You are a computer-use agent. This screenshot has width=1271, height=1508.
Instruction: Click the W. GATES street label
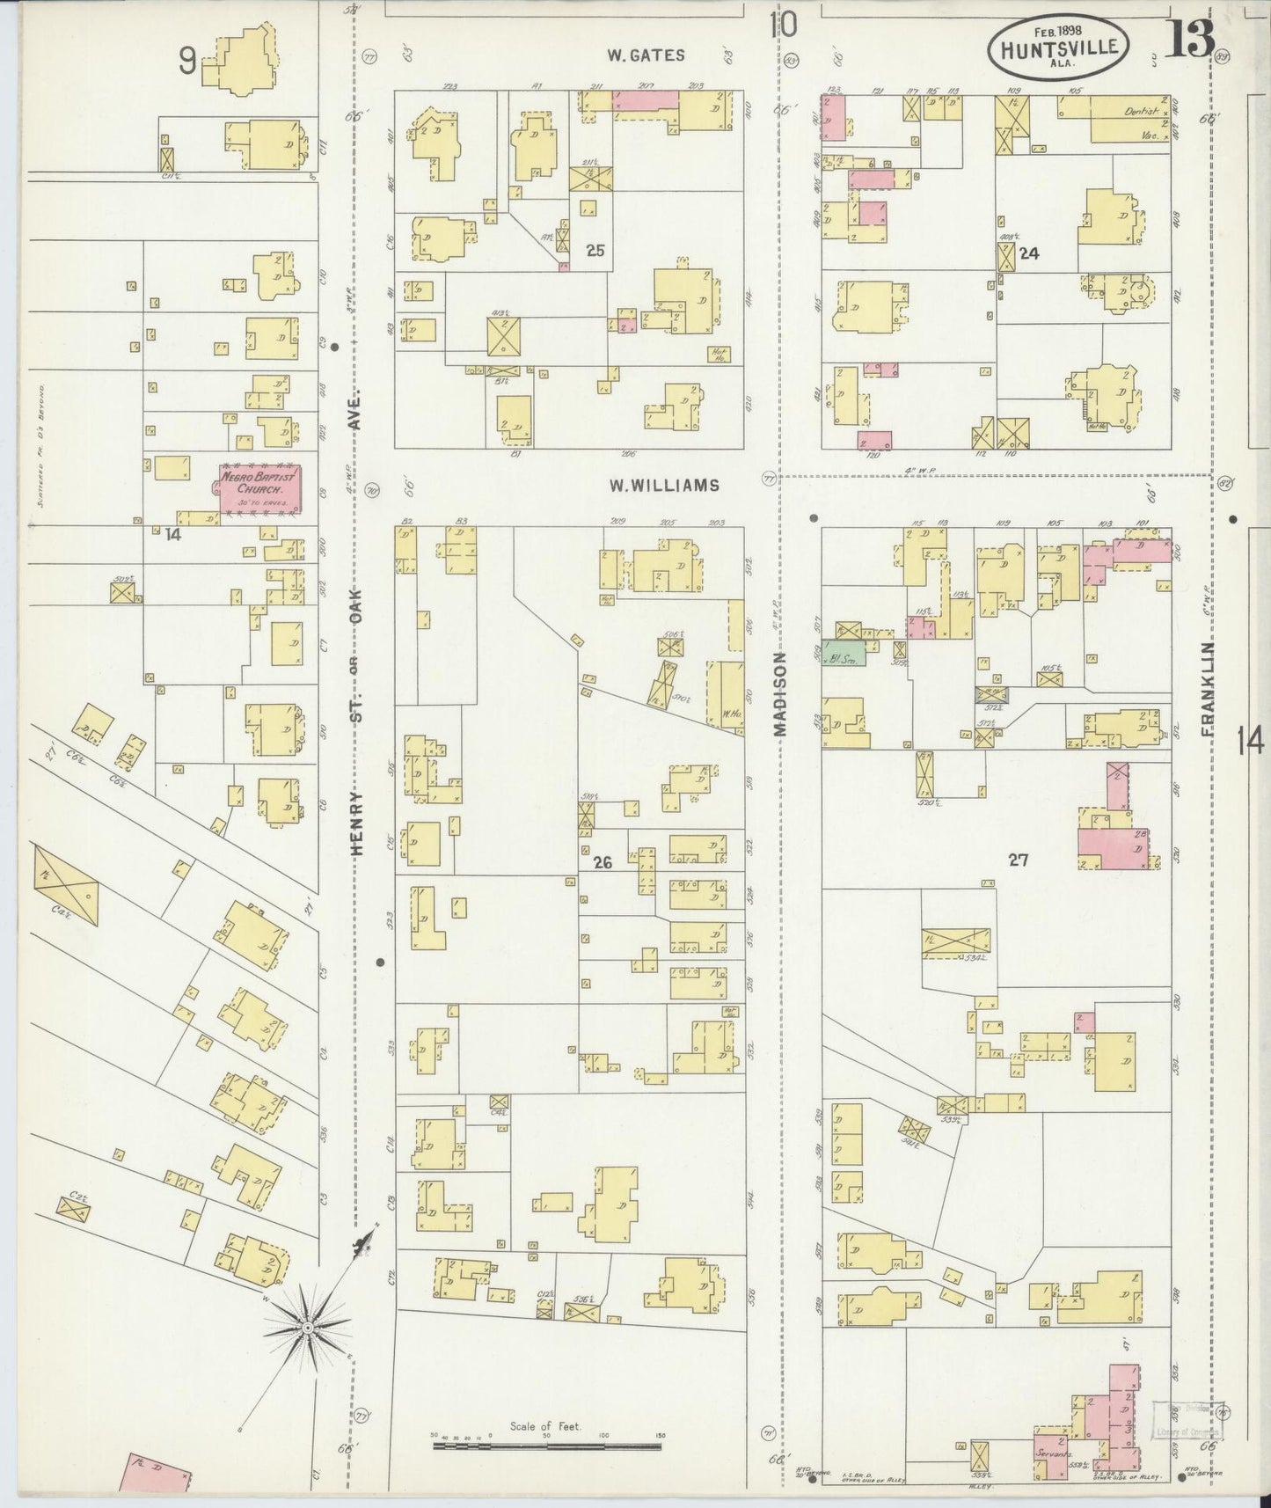tap(646, 55)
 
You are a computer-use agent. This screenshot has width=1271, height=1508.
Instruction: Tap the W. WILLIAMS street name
tap(663, 485)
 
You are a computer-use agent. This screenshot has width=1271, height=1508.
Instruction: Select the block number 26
tap(603, 863)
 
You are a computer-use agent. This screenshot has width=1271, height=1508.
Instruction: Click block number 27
tap(1018, 860)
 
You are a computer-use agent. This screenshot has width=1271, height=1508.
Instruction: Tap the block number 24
tap(1029, 254)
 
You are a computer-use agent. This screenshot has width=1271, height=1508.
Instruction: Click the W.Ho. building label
tap(728, 714)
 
